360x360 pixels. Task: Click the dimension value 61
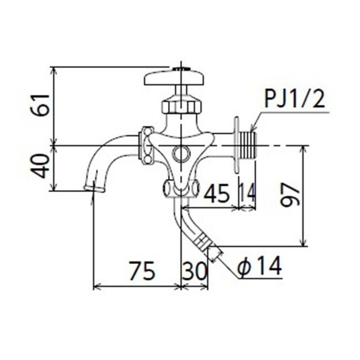pyautogui.click(x=42, y=105)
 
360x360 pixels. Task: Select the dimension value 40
pyautogui.click(x=42, y=166)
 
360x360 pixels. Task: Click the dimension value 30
pyautogui.click(x=195, y=271)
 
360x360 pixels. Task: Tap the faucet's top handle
pyautogui.click(x=174, y=77)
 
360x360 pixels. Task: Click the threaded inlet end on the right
pyautogui.click(x=248, y=145)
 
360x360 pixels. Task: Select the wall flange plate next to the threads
pyautogui.click(x=236, y=145)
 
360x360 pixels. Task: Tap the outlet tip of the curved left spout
pyautogui.click(x=94, y=186)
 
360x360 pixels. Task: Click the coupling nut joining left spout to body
pyautogui.click(x=146, y=145)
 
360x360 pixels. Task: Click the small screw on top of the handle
pyautogui.click(x=181, y=69)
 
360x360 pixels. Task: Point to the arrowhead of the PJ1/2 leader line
pyautogui.click(x=252, y=130)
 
